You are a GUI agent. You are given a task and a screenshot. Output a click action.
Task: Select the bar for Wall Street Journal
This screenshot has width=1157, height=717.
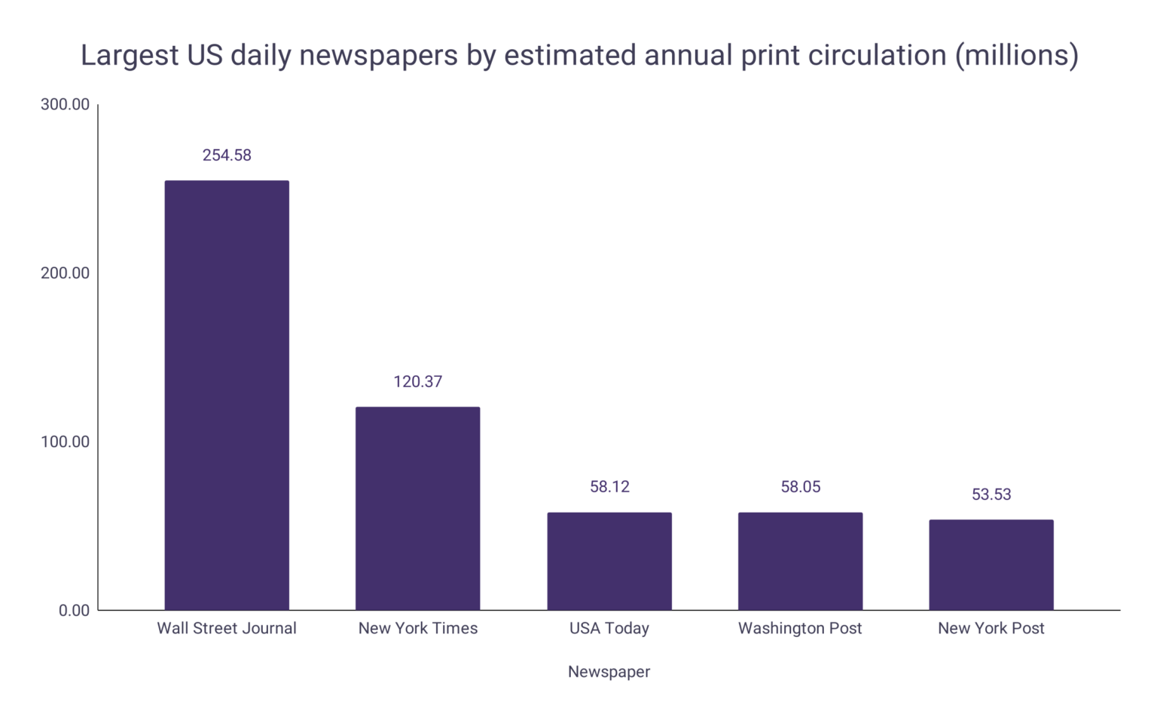coord(227,395)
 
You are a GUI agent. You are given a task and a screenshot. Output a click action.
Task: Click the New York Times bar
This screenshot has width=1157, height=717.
coord(417,508)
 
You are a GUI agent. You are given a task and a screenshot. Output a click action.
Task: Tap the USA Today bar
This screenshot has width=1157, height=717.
coord(609,561)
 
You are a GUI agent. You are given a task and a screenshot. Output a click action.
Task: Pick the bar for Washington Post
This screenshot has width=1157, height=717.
coord(800,561)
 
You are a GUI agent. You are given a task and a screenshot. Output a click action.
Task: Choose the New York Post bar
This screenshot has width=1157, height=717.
coord(991,565)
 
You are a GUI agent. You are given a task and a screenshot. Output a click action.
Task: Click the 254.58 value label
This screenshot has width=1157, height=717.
coord(227,155)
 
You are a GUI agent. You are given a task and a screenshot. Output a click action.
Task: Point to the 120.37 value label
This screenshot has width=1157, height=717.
coord(417,381)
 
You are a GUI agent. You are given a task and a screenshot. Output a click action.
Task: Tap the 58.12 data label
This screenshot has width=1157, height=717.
coord(609,487)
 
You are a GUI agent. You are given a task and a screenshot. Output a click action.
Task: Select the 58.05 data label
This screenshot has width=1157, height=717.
coord(800,487)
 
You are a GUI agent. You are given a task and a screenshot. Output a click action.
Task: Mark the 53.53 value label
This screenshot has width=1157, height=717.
coord(991,495)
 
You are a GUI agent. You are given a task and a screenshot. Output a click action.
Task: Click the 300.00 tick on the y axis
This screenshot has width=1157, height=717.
coord(65,105)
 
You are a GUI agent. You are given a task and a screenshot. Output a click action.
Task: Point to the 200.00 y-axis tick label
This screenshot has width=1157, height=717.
coord(65,273)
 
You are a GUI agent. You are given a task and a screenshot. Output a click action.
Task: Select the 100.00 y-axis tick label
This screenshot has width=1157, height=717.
coord(65,442)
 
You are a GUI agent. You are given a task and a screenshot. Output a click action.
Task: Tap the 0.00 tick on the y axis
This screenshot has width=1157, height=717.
coord(74,611)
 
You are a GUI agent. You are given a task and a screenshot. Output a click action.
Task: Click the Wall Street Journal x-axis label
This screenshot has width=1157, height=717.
coord(227,628)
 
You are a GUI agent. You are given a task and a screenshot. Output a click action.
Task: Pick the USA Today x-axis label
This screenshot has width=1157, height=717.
coord(609,628)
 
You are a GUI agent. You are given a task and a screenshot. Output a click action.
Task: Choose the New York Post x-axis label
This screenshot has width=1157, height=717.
coord(991,628)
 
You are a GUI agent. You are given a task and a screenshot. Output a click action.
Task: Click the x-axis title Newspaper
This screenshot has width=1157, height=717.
coord(609,672)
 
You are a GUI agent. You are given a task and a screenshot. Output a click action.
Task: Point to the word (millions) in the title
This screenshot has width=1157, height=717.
coord(1017,56)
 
